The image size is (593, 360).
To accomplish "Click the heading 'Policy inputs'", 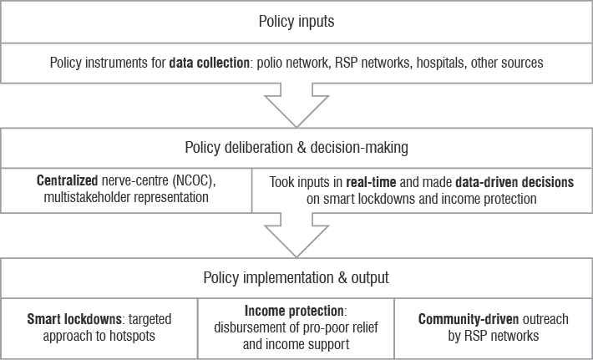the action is [x=296, y=22].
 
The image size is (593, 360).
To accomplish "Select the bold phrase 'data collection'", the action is [x=209, y=63].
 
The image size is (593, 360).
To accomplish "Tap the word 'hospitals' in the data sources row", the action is [x=441, y=63].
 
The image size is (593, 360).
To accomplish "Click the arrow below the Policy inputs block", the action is [x=296, y=105].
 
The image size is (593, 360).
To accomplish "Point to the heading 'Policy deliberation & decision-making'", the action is [x=296, y=148].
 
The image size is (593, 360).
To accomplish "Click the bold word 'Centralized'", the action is [x=68, y=180].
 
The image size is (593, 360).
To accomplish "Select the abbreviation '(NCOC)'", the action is [x=194, y=181].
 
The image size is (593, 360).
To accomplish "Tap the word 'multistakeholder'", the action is [x=88, y=197].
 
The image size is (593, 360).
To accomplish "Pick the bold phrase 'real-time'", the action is [x=371, y=182].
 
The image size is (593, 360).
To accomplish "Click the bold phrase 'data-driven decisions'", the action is [x=514, y=182].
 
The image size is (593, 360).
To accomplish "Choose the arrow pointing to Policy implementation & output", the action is [x=296, y=235].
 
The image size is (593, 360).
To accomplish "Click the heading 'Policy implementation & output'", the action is [x=296, y=277].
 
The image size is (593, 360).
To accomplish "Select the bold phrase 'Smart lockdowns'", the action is [x=74, y=319].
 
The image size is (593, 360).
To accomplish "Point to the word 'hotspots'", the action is [x=132, y=336].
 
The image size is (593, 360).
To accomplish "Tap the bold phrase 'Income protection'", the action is [x=294, y=311].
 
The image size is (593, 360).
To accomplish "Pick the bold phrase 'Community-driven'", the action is [x=469, y=319].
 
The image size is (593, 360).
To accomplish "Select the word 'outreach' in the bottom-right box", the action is [x=545, y=319].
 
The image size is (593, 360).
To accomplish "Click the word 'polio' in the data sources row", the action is [x=268, y=63].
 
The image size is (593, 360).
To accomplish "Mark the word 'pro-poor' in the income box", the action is [x=322, y=328].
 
